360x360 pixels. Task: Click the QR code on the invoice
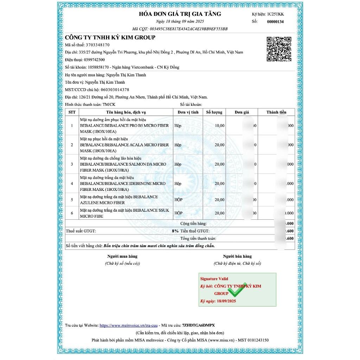pyautogui.click(x=279, y=49)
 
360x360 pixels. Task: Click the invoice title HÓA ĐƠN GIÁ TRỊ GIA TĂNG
pyautogui.click(x=180, y=14)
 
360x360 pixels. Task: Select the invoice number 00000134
pyautogui.click(x=275, y=22)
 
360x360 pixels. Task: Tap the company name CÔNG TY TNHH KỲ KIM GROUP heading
pyautogui.click(x=110, y=38)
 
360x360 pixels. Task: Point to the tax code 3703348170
pyautogui.click(x=98, y=45)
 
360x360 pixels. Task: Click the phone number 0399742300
pyautogui.click(x=94, y=60)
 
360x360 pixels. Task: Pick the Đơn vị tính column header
pyautogui.click(x=188, y=112)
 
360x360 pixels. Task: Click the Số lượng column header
pyautogui.click(x=214, y=112)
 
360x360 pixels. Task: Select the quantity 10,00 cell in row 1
pyautogui.click(x=219, y=126)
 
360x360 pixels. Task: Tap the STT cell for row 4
pyautogui.click(x=72, y=184)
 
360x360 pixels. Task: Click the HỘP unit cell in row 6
pyautogui.click(x=179, y=213)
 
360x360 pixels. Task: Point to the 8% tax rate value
pyautogui.click(x=175, y=231)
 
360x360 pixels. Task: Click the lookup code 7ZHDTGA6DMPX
pyautogui.click(x=199, y=326)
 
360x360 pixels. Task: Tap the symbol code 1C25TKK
pyautogui.click(x=275, y=14)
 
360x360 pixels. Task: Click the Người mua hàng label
pyautogui.click(x=122, y=256)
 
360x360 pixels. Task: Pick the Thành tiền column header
pyautogui.click(x=276, y=112)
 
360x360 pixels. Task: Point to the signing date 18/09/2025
pyautogui.click(x=226, y=301)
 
